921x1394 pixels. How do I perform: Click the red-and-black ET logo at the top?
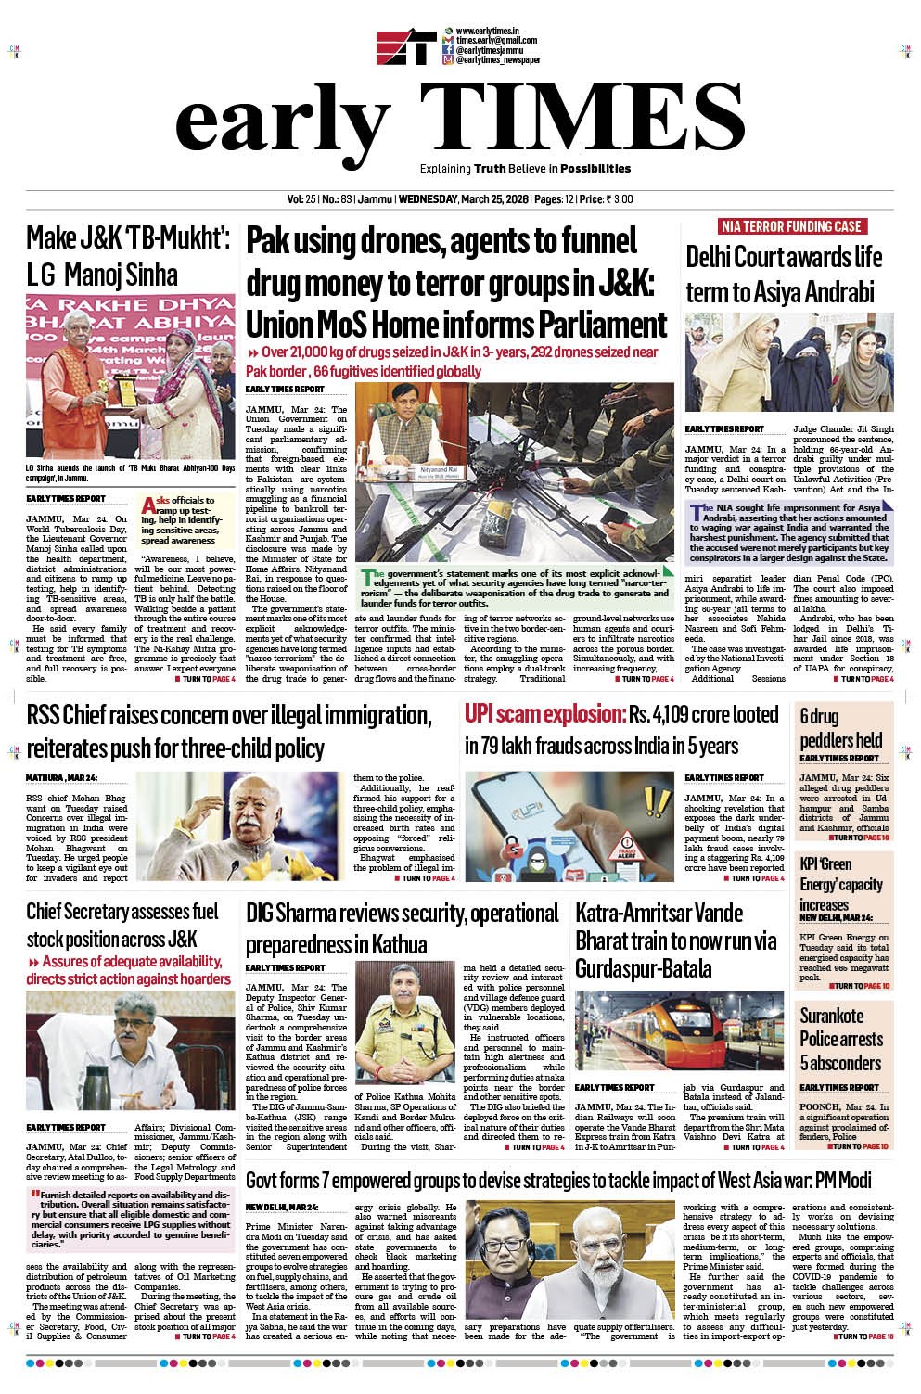[406, 48]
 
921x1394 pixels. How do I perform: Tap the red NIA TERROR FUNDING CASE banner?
[790, 226]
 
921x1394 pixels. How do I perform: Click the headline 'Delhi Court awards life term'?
[784, 274]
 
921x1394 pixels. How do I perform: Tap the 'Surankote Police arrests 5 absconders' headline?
[840, 1039]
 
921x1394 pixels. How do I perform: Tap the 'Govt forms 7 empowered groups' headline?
[558, 1180]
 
